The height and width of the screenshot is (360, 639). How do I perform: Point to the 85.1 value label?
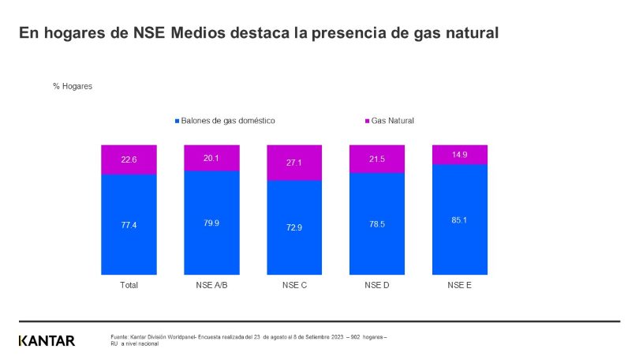(x=460, y=219)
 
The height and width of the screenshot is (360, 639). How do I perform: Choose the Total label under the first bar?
(x=128, y=285)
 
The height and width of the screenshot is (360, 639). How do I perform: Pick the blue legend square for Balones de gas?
(x=177, y=122)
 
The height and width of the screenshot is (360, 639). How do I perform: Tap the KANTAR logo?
(x=47, y=341)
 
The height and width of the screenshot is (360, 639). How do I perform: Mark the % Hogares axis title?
(x=73, y=86)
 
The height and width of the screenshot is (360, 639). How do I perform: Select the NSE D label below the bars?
(x=377, y=285)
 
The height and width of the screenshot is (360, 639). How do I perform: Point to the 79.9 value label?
(x=211, y=223)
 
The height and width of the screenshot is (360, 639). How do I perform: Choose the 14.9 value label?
(x=460, y=155)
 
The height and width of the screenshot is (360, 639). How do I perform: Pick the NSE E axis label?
(x=460, y=285)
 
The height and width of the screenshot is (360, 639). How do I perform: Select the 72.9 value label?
(x=294, y=227)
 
